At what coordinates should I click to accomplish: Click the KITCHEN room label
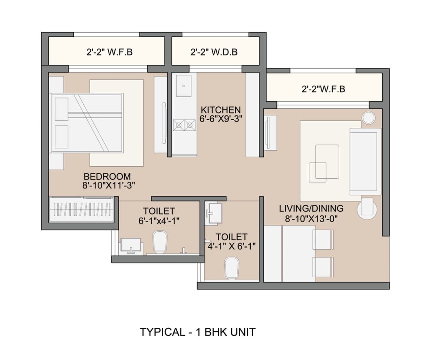(x=221, y=110)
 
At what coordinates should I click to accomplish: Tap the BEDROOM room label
(x=107, y=176)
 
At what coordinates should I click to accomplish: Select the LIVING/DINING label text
(x=311, y=209)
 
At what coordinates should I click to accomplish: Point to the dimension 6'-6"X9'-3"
(x=221, y=119)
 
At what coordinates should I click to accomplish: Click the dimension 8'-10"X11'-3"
(x=109, y=185)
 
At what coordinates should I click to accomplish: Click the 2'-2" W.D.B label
(x=214, y=52)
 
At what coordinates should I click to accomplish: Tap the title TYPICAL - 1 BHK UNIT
(x=198, y=332)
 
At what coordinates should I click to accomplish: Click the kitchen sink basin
(x=183, y=86)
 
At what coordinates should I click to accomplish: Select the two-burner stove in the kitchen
(x=184, y=125)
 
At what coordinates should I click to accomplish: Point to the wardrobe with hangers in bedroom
(x=83, y=209)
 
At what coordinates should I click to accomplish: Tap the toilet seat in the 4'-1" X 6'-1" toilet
(x=231, y=268)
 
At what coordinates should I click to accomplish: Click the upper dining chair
(x=323, y=239)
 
